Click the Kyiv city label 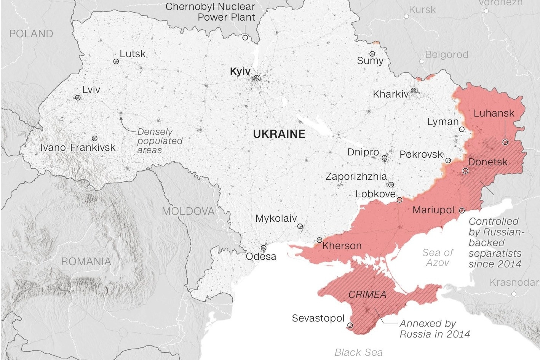pos(240,72)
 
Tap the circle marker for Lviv pos(78,98)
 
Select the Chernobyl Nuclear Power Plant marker pos(245,37)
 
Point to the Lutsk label pos(133,54)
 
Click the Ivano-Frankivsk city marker pos(94,138)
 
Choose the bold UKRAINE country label pos(279,134)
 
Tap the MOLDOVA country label pos(188,211)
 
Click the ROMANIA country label pos(86,262)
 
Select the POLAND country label pos(31,34)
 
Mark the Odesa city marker pos(264,248)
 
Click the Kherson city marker pos(319,240)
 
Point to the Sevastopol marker pos(350,325)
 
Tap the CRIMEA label pos(367,294)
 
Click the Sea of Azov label pos(438,258)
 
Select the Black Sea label pos(358,352)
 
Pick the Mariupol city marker pos(462,210)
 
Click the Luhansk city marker pos(505,142)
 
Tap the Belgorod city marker pos(422,61)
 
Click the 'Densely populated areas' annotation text pos(160,141)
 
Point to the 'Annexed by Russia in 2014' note pos(434,329)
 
